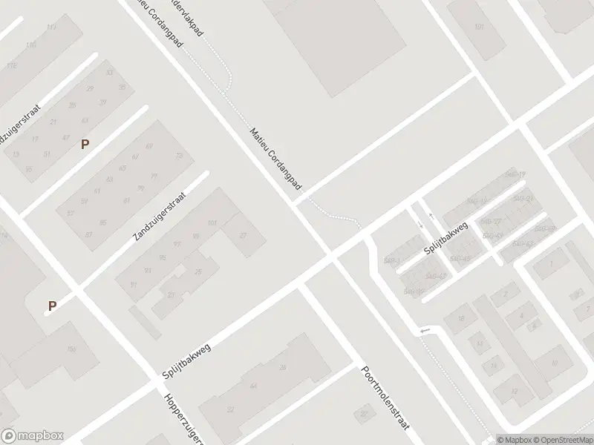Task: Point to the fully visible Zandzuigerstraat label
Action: click(x=160, y=216)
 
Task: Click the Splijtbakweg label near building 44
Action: click(x=186, y=361)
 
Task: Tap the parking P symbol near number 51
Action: click(x=85, y=145)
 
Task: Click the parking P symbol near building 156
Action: click(x=52, y=305)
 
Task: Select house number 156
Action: click(x=72, y=349)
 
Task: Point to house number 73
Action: click(x=179, y=156)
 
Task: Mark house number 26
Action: click(x=282, y=368)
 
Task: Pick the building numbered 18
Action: click(x=460, y=318)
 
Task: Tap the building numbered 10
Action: click(x=555, y=363)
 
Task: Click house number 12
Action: click(x=514, y=390)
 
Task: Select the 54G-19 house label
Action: click(x=515, y=175)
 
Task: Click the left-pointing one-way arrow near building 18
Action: click(x=424, y=331)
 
